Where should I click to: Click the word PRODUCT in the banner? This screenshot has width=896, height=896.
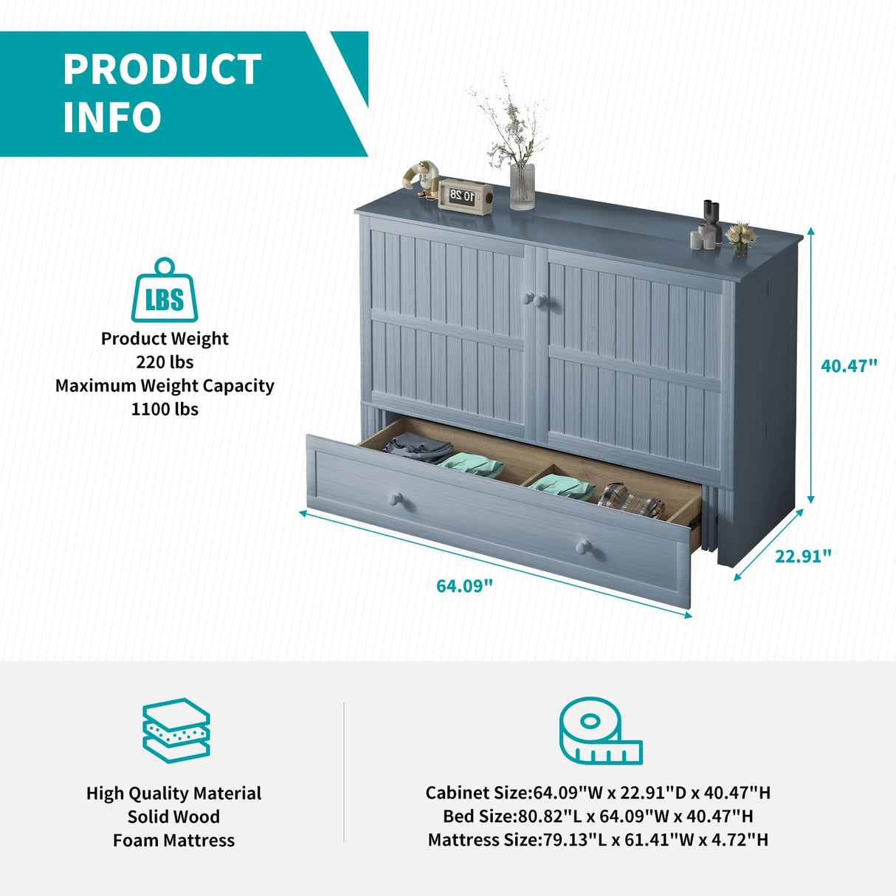162,70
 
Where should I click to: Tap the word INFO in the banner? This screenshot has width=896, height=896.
112,118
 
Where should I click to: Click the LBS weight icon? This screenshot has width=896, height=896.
165,292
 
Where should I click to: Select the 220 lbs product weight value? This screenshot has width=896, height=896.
165,362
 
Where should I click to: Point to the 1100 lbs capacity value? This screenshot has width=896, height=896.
165,409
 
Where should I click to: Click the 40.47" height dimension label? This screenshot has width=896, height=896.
850,365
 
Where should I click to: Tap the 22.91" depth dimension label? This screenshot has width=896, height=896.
803,556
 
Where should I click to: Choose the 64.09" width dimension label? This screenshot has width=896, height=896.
464,586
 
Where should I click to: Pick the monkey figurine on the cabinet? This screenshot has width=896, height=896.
423,178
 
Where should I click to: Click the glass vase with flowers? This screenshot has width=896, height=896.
522,185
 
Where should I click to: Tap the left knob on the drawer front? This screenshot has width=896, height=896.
396,499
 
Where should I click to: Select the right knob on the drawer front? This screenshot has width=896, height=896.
584,547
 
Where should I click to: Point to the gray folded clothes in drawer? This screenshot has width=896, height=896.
417,447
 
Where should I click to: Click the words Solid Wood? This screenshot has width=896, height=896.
173,816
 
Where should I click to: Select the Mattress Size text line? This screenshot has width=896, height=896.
598,840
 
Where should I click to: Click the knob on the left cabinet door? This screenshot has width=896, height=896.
528,298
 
